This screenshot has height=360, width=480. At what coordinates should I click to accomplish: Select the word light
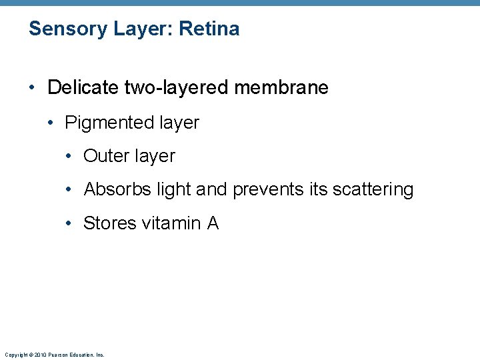pyautogui.click(x=173, y=190)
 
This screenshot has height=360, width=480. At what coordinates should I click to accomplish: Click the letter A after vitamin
pyautogui.click(x=213, y=223)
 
